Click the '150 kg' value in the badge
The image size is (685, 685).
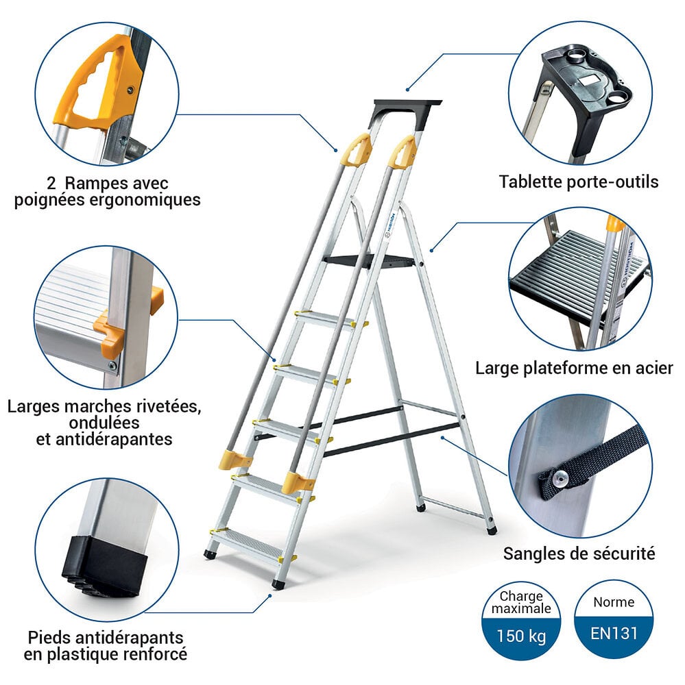pos(523,636)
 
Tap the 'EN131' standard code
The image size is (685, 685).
pos(614,632)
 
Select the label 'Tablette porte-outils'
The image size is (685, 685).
pos(578,182)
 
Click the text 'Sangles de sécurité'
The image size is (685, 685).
pos(579,553)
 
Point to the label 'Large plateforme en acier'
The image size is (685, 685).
pos(574,369)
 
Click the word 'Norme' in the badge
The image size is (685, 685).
pos(614,603)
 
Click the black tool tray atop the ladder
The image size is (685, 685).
pos(407,107)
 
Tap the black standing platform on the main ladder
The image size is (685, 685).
pos(370,260)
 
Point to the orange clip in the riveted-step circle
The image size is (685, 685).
pos(110,332)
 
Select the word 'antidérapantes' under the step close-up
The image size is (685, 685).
pos(104,439)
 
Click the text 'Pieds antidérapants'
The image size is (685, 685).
pos(105,637)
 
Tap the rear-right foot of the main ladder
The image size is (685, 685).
pos(491,530)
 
